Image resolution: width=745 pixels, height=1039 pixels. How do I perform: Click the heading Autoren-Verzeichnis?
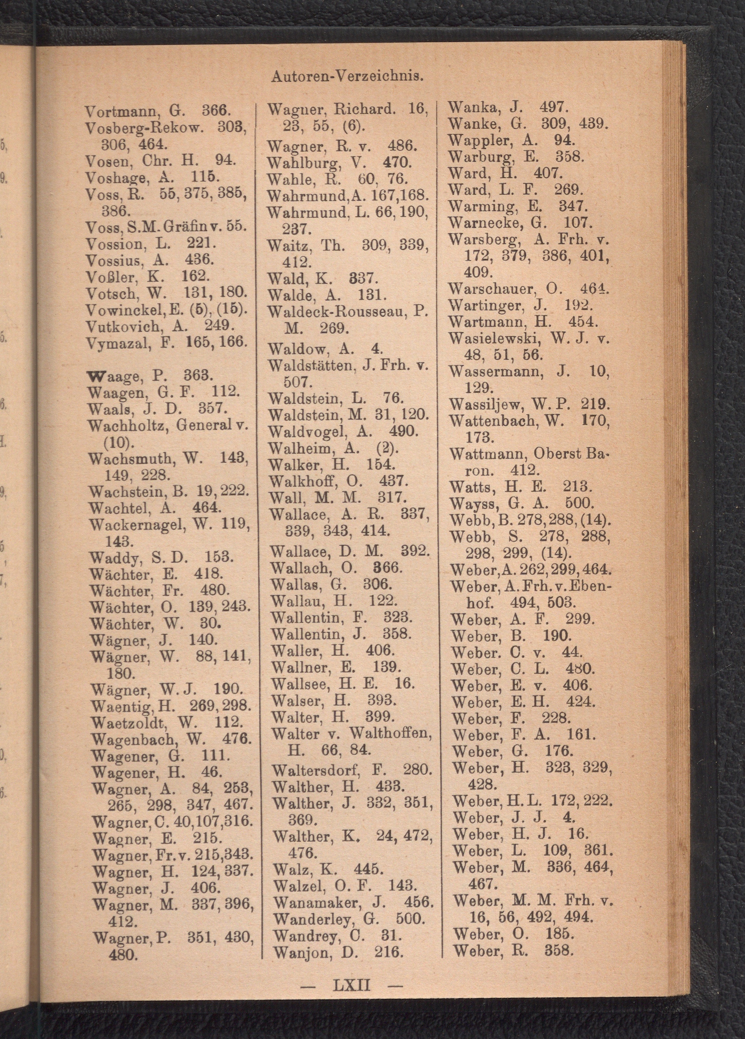347,76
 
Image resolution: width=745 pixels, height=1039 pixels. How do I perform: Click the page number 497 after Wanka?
554,107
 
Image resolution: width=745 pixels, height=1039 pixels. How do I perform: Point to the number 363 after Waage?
198,375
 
